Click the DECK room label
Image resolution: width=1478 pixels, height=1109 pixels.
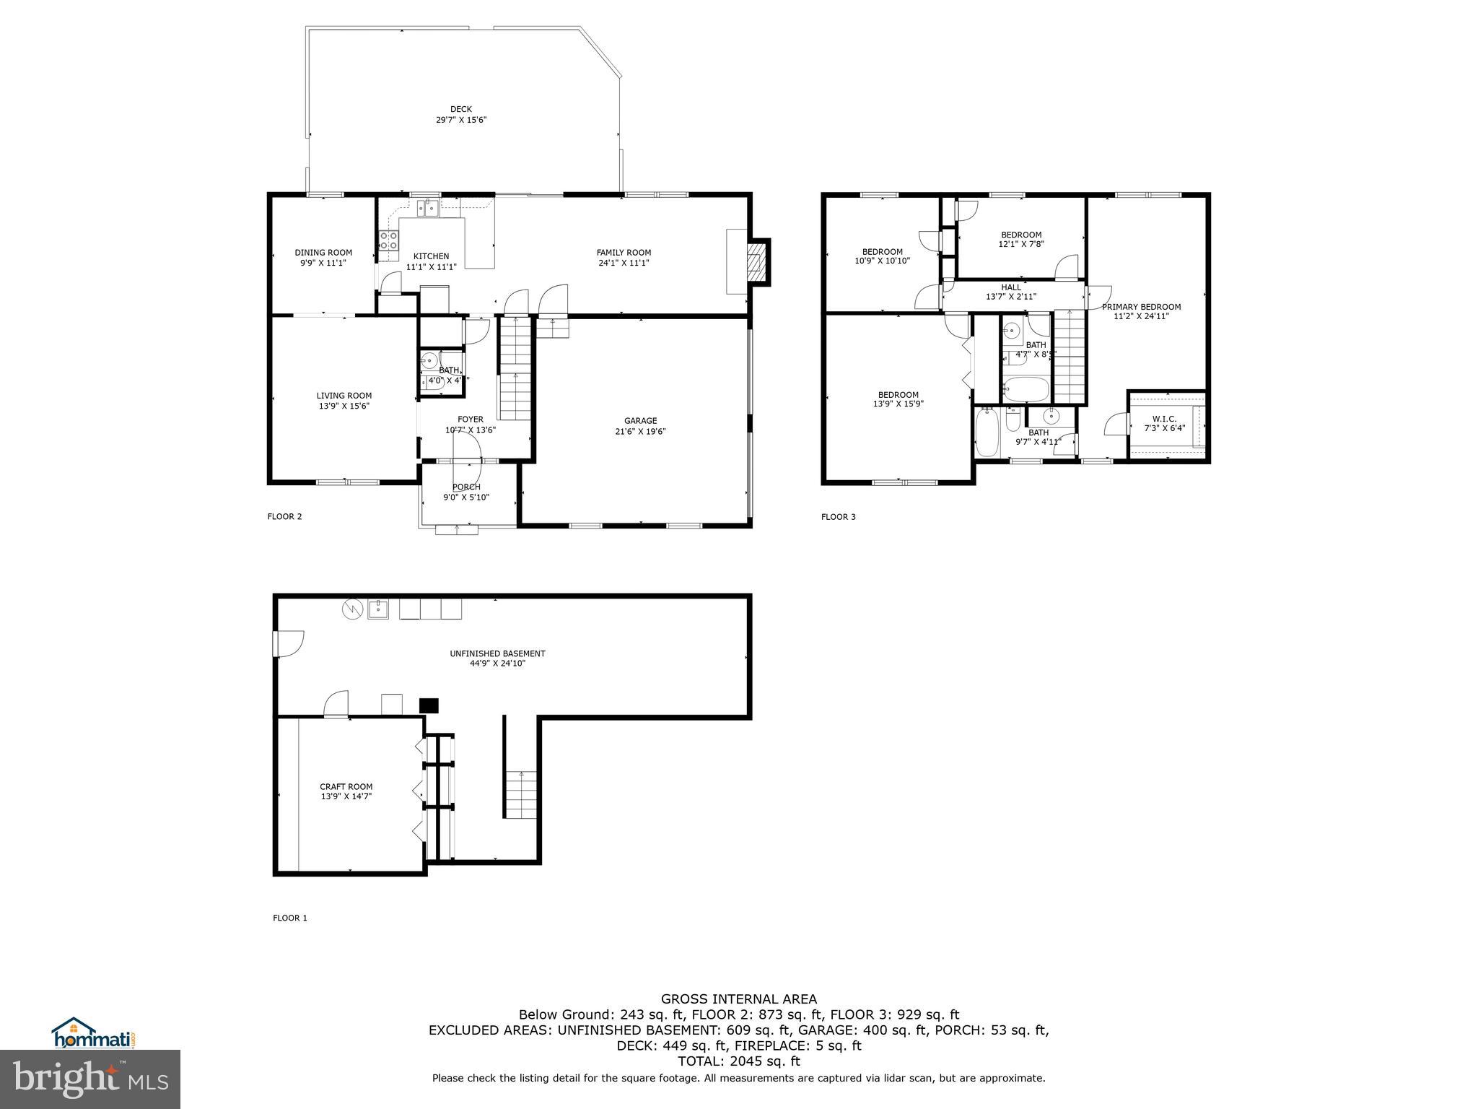[x=461, y=110]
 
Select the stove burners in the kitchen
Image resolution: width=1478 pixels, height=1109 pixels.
[x=389, y=240]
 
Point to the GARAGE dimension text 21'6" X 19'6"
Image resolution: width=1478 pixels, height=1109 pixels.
[x=640, y=432]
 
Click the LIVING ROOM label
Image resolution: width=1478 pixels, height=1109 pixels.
[x=344, y=396]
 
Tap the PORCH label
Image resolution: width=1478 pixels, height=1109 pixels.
[x=466, y=487]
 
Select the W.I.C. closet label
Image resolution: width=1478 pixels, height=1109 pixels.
[x=1165, y=419]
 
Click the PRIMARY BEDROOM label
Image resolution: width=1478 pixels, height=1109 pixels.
[x=1141, y=307]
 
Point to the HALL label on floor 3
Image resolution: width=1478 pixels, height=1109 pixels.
[x=1011, y=287]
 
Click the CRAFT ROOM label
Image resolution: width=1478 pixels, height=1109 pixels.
[x=346, y=787]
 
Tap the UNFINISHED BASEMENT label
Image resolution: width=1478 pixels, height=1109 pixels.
[x=497, y=653]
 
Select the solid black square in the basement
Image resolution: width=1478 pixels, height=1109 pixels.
[x=429, y=705]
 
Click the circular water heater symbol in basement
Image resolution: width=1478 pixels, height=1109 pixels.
[x=351, y=610]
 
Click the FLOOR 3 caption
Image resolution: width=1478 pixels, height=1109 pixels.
[x=838, y=517]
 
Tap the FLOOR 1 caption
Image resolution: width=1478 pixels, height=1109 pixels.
[x=289, y=918]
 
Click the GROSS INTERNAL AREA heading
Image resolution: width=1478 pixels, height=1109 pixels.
[x=739, y=999]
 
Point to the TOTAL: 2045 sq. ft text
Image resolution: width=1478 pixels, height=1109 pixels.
[x=739, y=1061]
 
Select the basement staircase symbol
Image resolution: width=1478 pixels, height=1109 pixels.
[x=521, y=794]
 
